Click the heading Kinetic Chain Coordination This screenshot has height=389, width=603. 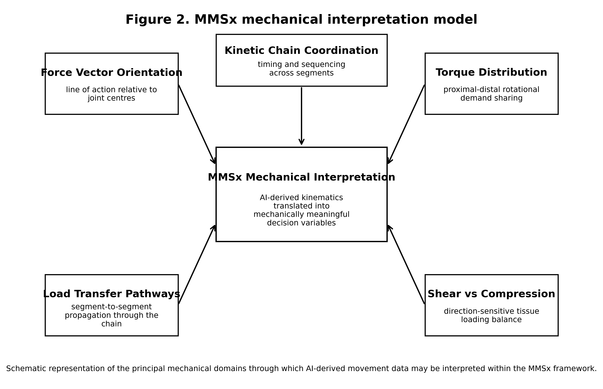(x=301, y=51)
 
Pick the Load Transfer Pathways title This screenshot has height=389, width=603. (x=112, y=294)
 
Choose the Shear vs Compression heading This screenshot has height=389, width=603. (x=491, y=294)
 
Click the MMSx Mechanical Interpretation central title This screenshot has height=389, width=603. (x=301, y=177)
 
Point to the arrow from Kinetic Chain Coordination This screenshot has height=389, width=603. (x=301, y=116)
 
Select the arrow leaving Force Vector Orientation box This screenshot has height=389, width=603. (x=197, y=124)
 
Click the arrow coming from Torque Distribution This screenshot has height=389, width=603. (x=406, y=124)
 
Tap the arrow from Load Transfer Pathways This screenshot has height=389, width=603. (x=197, y=265)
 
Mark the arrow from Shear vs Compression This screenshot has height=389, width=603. (x=406, y=265)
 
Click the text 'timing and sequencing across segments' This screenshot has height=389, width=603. (x=301, y=69)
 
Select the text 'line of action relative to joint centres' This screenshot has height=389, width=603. (x=112, y=94)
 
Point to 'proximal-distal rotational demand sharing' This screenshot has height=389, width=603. (x=491, y=94)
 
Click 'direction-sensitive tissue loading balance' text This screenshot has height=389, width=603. (x=491, y=316)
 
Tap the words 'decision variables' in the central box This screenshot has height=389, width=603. (x=301, y=223)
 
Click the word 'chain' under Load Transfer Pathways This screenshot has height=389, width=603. (x=112, y=324)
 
